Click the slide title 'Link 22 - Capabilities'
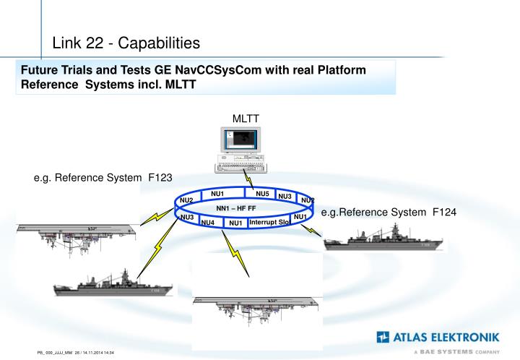pyautogui.click(x=126, y=43)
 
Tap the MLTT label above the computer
pyautogui.click(x=246, y=119)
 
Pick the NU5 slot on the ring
pyautogui.click(x=262, y=194)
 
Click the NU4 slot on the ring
pyautogui.click(x=208, y=223)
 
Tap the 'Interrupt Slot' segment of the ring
pyautogui.click(x=269, y=222)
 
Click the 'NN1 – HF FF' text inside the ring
pyautogui.click(x=231, y=207)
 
